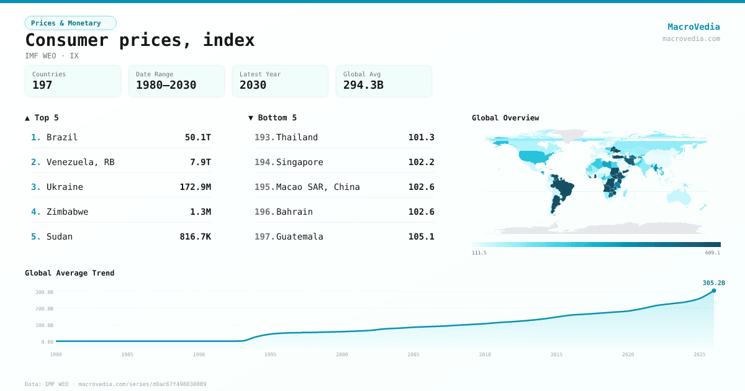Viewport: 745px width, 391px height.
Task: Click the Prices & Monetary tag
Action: pos(70,23)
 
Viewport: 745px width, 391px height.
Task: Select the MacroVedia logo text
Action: pos(693,27)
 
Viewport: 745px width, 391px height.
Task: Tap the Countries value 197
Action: pos(42,85)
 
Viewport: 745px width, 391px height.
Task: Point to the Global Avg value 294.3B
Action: pos(363,85)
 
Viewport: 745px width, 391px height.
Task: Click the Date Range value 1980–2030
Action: pos(166,85)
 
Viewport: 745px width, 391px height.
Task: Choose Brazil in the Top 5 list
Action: pos(62,137)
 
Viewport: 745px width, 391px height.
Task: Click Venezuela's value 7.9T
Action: pos(200,162)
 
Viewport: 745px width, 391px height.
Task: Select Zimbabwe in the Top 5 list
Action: pos(67,212)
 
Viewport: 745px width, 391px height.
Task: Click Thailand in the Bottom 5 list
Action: pos(297,137)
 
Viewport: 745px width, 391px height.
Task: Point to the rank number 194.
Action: pos(264,162)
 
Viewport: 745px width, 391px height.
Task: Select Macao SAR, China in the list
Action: pos(318,187)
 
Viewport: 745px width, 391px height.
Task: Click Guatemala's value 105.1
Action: pos(422,236)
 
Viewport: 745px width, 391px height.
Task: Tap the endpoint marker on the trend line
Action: pos(713,290)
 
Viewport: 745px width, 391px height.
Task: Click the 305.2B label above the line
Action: pos(713,282)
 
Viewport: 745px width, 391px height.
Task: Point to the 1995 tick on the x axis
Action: pos(270,354)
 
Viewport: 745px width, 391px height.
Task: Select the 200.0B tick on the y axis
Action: pos(44,308)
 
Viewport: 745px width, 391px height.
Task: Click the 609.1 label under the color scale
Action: pos(713,253)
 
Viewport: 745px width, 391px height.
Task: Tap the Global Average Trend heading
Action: pos(70,273)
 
